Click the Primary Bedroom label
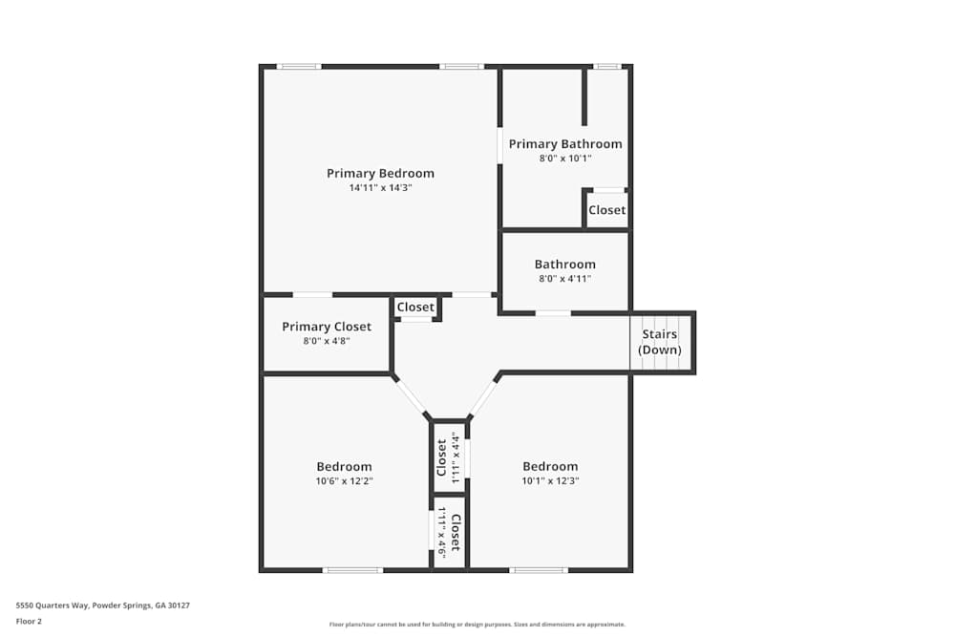381,174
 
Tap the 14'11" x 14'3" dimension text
381,187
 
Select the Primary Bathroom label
565,144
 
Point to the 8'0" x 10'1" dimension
565,159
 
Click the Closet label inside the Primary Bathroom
607,210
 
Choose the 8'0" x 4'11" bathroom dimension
565,279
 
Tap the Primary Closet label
327,327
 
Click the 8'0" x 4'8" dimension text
327,341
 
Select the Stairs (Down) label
660,342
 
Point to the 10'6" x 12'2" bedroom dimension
344,481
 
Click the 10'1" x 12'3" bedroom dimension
550,480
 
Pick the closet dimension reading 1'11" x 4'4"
455,458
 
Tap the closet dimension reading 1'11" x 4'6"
443,532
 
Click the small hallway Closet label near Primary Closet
416,308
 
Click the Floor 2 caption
29,621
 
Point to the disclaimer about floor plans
477,625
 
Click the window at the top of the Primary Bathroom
606,66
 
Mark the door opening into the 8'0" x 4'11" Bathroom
553,313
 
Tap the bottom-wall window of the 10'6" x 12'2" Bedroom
352,570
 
